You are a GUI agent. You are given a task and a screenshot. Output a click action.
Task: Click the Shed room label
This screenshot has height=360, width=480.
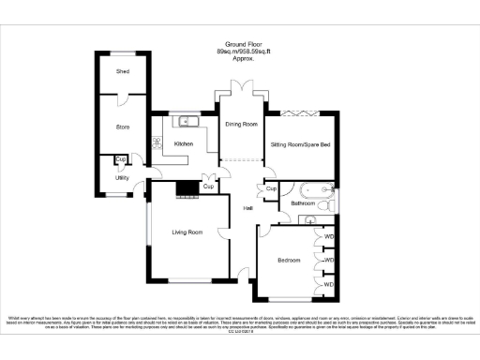coord(122,71)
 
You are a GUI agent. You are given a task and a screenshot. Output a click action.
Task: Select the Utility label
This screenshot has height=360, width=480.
coord(122,177)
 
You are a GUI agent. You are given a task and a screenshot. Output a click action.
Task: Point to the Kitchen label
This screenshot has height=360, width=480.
coord(184,143)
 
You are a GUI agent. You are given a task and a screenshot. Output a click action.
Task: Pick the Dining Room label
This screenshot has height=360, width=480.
coord(241,124)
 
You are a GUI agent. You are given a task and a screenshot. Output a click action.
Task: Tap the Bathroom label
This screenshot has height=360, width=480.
coord(303,202)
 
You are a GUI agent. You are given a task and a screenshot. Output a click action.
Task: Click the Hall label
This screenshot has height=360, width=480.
coord(248,207)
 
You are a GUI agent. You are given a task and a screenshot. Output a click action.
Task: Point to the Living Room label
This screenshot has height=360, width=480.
coord(187,232)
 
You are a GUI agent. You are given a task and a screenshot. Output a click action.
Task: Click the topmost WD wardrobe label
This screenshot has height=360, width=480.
coord(329,237)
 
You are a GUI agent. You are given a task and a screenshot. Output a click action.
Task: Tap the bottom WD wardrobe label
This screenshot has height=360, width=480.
coord(329,281)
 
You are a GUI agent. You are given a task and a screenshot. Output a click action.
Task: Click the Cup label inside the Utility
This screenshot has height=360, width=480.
coord(121,159)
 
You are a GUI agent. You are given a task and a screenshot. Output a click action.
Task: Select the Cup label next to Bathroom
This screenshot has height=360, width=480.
coord(271,189)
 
